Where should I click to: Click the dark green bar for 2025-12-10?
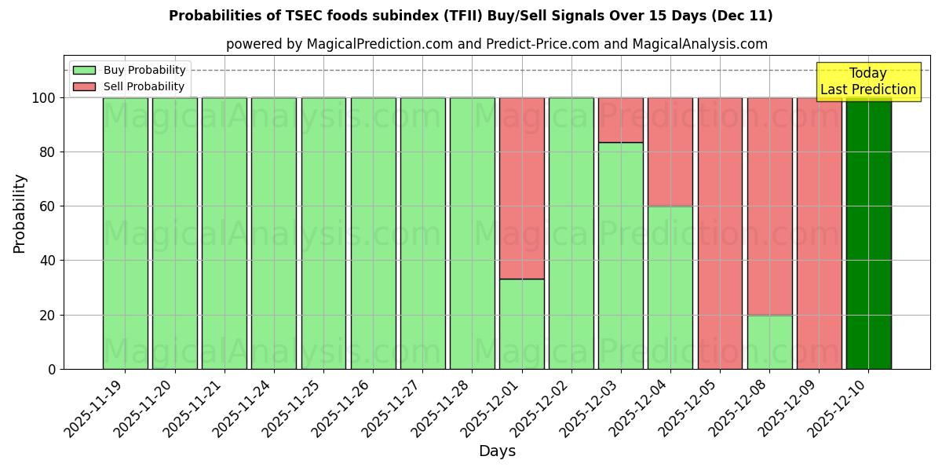click(868, 233)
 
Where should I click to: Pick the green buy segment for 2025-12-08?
click(769, 341)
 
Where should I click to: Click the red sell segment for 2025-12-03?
click(620, 120)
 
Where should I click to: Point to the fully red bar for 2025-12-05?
click(720, 233)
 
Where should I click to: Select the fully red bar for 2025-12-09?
click(819, 233)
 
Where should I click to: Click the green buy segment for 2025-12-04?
click(670, 287)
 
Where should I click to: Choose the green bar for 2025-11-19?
click(125, 233)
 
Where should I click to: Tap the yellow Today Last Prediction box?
click(867, 82)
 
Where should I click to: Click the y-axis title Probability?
click(20, 213)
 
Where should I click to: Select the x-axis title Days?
click(497, 451)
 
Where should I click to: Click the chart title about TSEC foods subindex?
click(470, 16)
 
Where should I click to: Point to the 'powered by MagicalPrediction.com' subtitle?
click(496, 44)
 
